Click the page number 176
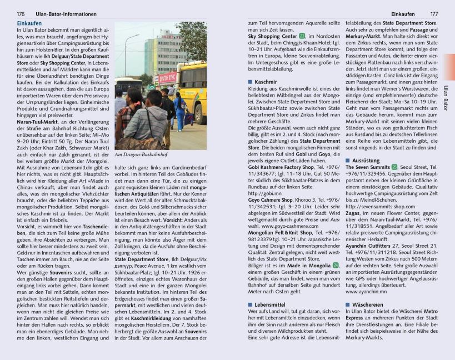click(21, 14)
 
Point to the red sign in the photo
click(167, 78)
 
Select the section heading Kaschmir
click(265, 82)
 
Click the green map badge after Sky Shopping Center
click(302, 36)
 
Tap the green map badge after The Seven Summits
click(394, 166)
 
